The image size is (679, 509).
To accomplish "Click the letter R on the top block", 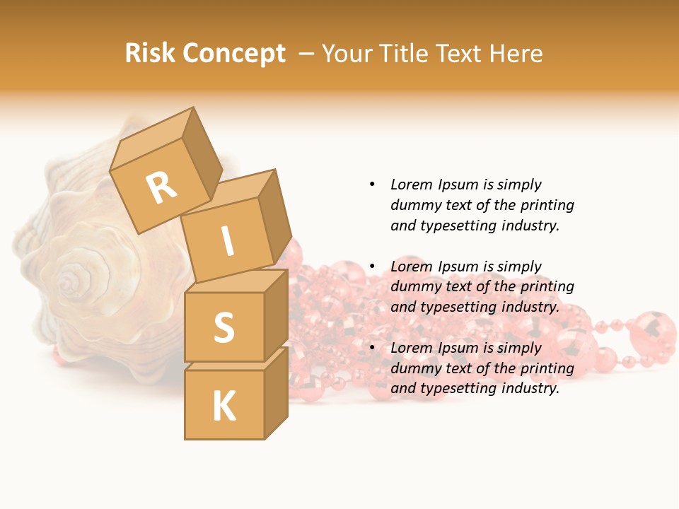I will [161, 189].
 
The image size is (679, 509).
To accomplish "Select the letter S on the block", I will [224, 328].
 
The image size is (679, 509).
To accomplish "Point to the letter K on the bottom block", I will [224, 406].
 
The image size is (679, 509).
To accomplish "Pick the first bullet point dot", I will [372, 185].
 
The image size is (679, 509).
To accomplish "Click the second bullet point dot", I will [372, 267].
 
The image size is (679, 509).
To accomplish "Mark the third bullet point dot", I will [372, 348].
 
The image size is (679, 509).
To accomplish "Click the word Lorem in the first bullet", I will [411, 185].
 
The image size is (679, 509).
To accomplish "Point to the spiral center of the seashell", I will [69, 283].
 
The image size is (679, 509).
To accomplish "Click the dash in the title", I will [308, 54].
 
